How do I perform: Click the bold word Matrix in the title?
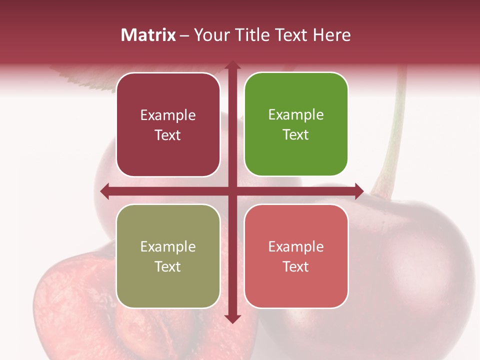coord(148,35)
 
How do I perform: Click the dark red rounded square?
coord(168,124)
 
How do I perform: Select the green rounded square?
coord(296,124)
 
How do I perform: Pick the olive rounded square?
coord(168,256)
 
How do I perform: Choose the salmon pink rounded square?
coord(296,256)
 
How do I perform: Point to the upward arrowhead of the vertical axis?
coord(232,65)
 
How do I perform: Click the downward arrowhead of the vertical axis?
coord(232,318)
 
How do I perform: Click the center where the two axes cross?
coord(232,191)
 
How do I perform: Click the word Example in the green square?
coord(296,114)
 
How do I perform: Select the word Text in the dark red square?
coord(168,135)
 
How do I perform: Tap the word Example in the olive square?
coord(168,246)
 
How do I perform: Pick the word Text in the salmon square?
coord(296,266)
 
